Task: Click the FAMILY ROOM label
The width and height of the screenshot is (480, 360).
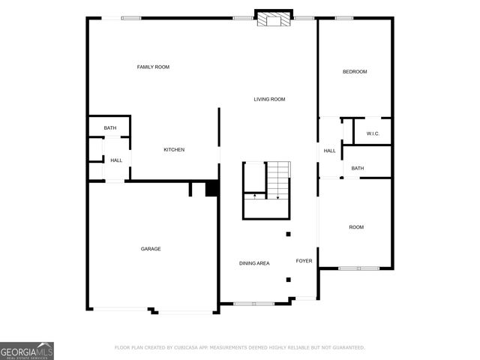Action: (153, 67)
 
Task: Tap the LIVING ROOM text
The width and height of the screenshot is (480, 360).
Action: (269, 99)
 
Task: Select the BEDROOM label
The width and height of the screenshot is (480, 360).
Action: (355, 72)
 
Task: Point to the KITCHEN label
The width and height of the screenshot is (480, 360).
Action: (174, 150)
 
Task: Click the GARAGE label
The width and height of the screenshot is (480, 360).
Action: (151, 249)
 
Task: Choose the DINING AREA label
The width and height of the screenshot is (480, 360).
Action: (254, 263)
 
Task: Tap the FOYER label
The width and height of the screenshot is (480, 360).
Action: (304, 261)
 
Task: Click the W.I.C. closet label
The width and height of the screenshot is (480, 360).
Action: (373, 133)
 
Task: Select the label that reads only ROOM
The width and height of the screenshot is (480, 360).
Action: (355, 227)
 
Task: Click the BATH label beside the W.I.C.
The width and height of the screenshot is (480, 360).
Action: (358, 168)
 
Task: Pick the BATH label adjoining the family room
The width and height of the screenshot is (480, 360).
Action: (110, 128)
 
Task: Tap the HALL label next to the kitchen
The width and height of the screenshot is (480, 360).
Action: (116, 160)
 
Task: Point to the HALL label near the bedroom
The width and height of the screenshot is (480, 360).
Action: (330, 151)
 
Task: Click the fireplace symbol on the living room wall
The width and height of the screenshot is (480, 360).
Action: (273, 19)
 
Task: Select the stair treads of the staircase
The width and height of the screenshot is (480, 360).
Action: (278, 180)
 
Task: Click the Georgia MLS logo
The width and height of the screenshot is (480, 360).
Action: (27, 350)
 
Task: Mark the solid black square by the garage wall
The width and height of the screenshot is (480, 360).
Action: (211, 189)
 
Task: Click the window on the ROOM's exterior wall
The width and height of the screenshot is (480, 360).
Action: (358, 268)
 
